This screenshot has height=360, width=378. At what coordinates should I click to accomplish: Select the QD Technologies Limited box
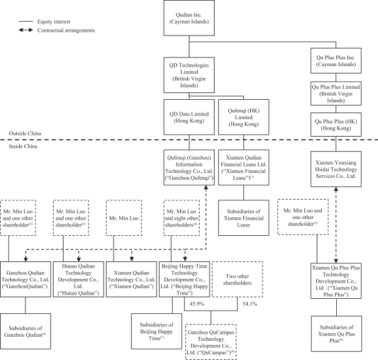coord(189,75)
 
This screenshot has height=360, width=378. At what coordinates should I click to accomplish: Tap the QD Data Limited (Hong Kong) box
coord(189,116)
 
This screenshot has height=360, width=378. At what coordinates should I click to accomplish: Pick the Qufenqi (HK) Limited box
coord(242,116)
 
